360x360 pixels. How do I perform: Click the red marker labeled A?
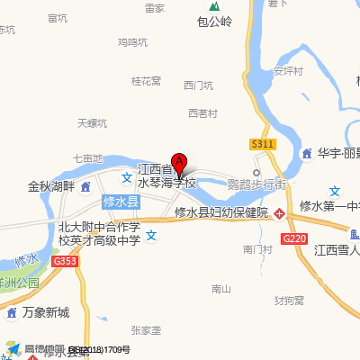(179, 164)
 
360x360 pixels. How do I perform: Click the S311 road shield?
(263, 143)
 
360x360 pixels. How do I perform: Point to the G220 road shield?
(293, 238)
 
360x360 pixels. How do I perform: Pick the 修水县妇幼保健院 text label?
(220, 213)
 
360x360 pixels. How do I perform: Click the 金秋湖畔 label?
(49, 187)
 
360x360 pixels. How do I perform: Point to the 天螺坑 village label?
(92, 123)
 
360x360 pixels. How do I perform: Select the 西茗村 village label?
(202, 113)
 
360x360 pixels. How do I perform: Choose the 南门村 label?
(257, 248)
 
